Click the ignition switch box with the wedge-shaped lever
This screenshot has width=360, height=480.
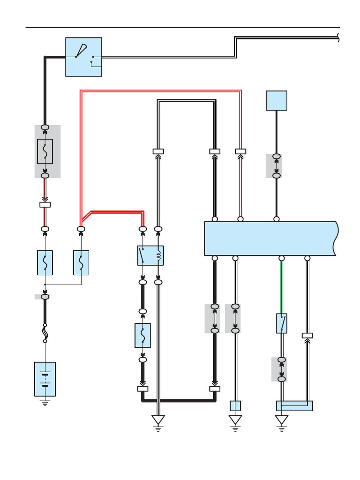(83, 57)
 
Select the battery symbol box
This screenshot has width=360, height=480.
(45, 379)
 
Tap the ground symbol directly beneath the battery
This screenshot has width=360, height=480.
(45, 402)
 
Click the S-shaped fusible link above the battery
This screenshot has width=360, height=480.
(45, 333)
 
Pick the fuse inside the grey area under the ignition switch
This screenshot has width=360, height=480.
(45, 151)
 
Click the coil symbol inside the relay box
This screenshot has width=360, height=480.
(158, 255)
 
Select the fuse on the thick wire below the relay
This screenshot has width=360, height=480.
(143, 335)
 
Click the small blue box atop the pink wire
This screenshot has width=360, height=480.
(276, 100)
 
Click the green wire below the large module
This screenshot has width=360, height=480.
(282, 286)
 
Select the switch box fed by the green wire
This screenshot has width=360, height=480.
(282, 323)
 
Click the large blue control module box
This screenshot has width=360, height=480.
(270, 239)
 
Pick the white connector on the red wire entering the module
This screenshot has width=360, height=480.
(240, 151)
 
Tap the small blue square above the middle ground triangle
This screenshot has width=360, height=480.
(235, 406)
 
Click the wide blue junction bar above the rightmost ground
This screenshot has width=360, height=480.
(294, 406)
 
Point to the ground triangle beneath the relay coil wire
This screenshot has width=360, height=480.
(158, 420)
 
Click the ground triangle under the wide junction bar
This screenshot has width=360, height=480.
(282, 420)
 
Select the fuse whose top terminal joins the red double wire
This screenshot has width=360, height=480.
(81, 262)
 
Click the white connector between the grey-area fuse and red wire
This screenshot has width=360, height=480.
(45, 204)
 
